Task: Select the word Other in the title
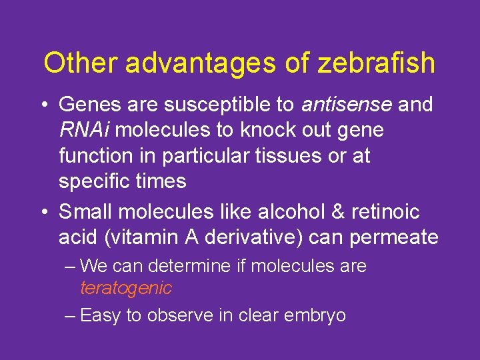click(81, 63)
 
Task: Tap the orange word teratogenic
click(126, 288)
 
